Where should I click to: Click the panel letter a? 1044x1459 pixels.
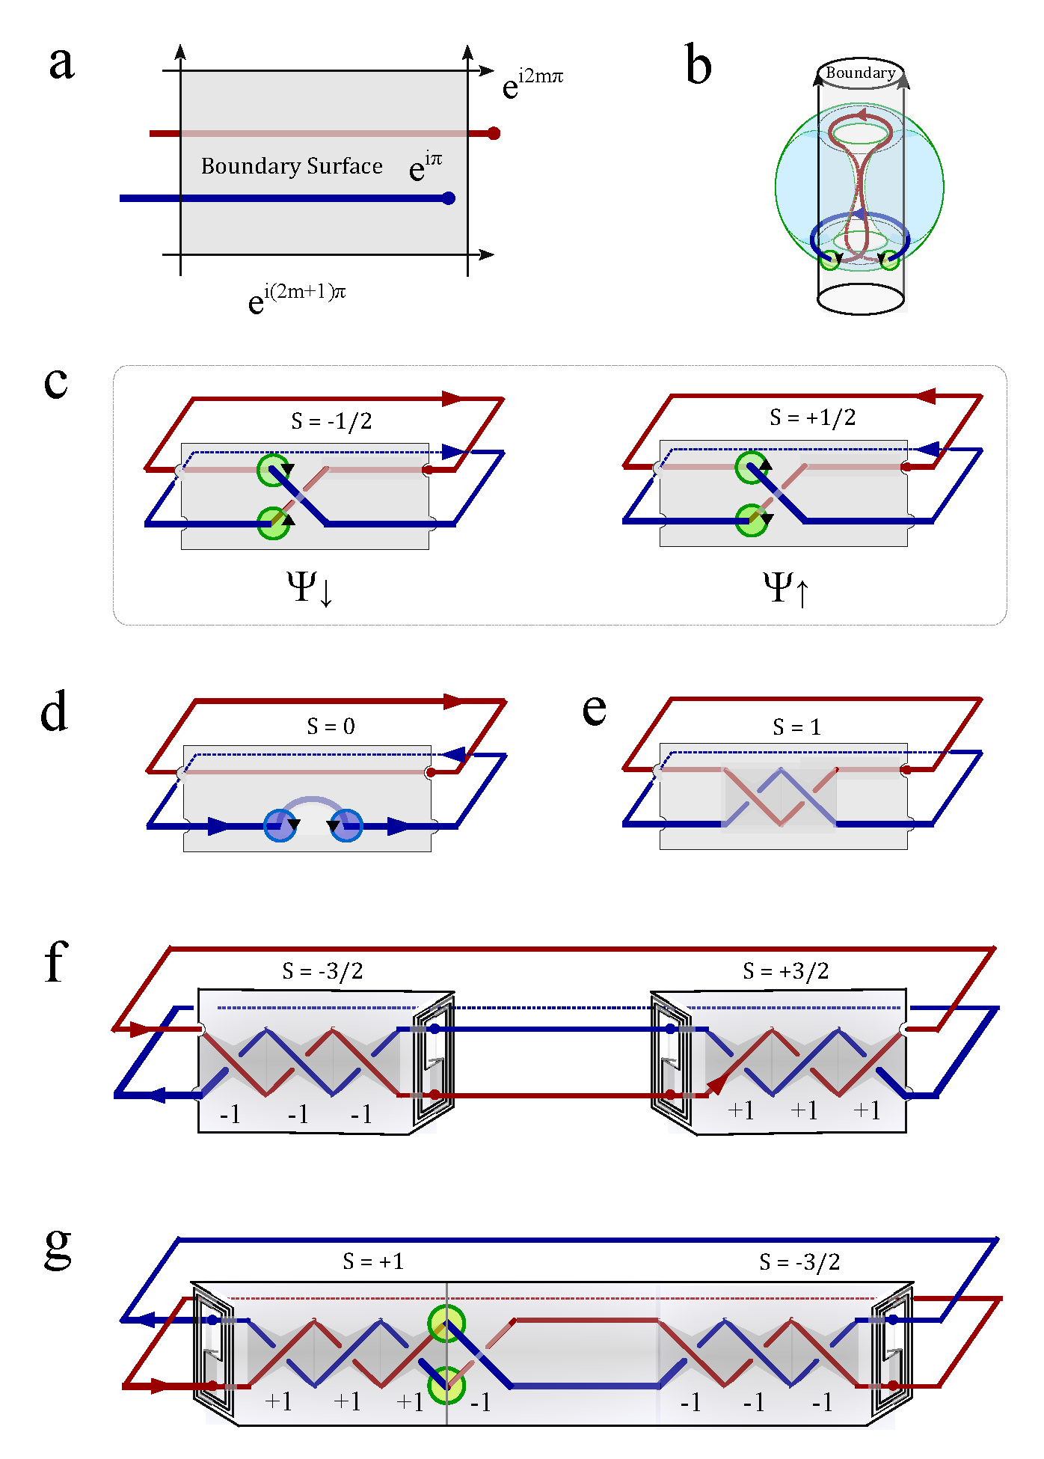pyautogui.click(x=61, y=63)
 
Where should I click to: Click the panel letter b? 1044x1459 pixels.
pyautogui.click(x=698, y=65)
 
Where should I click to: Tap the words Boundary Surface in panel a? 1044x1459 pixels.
pyautogui.click(x=292, y=166)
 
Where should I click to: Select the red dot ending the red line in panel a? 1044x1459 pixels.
pyautogui.click(x=494, y=133)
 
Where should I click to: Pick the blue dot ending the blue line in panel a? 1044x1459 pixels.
pyautogui.click(x=449, y=198)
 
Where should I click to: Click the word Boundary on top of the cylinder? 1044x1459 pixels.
pyautogui.click(x=860, y=73)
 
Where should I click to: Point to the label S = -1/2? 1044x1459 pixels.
pyautogui.click(x=331, y=421)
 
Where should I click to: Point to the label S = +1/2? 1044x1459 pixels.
pyautogui.click(x=812, y=417)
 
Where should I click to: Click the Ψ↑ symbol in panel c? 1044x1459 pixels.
pyautogui.click(x=786, y=588)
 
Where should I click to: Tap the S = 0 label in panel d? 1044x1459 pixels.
pyautogui.click(x=331, y=727)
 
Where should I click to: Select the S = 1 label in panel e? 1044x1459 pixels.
pyautogui.click(x=796, y=727)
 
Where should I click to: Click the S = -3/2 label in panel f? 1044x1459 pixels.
pyautogui.click(x=322, y=971)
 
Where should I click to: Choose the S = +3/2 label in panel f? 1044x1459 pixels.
pyautogui.click(x=785, y=971)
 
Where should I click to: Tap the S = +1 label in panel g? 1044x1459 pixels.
pyautogui.click(x=373, y=1262)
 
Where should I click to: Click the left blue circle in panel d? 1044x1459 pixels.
pyautogui.click(x=280, y=825)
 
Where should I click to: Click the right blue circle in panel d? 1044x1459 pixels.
pyautogui.click(x=346, y=825)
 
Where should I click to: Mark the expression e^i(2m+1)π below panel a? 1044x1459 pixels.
pyautogui.click(x=297, y=297)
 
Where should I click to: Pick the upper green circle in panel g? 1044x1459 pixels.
pyautogui.click(x=446, y=1324)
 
